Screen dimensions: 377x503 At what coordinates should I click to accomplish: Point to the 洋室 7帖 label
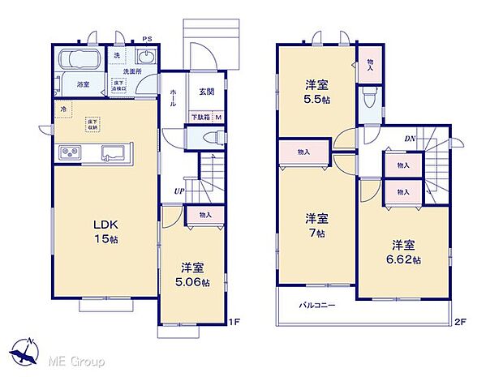(317, 225)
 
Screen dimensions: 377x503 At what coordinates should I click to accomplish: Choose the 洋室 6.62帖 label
(404, 252)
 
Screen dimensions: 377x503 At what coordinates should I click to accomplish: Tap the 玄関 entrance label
(206, 92)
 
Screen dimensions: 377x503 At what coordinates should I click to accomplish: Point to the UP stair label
(177, 191)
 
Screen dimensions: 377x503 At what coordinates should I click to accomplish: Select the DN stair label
(411, 139)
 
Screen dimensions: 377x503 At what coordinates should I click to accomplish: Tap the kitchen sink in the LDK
(114, 153)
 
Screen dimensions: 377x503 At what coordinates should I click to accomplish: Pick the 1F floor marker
(232, 323)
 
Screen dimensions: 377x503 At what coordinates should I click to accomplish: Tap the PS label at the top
(147, 39)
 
